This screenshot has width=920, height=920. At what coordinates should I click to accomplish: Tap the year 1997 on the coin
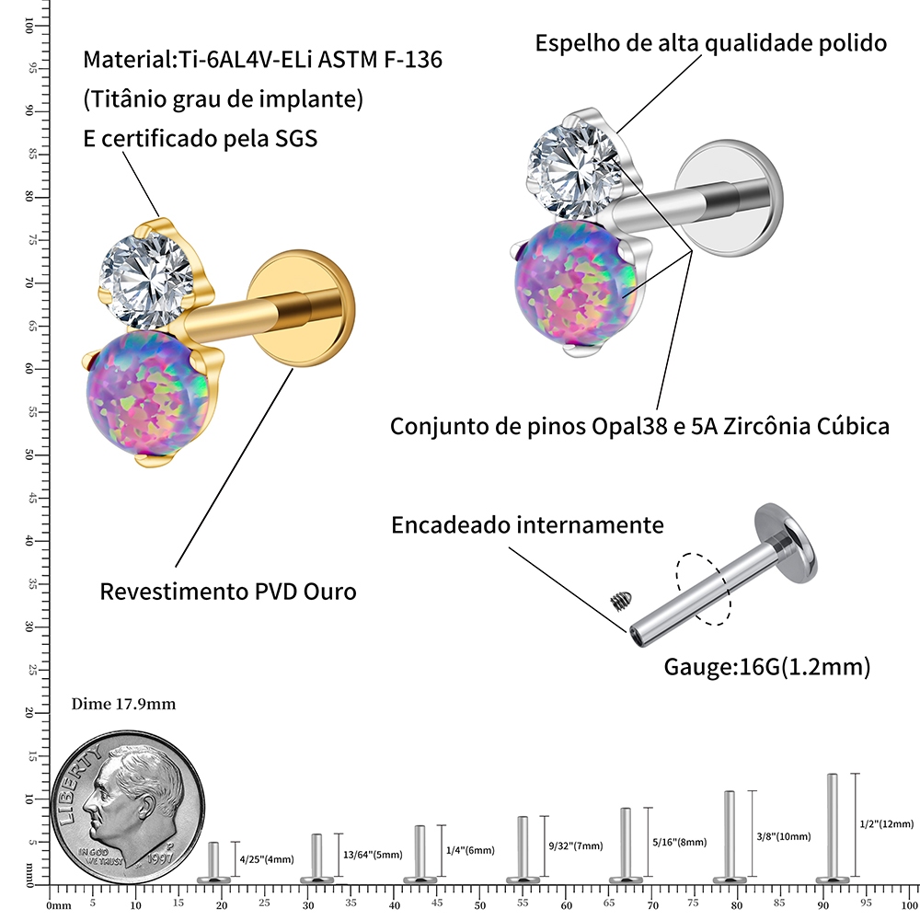pyautogui.click(x=161, y=856)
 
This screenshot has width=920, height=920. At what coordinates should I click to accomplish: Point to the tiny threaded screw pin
pyautogui.click(x=619, y=601)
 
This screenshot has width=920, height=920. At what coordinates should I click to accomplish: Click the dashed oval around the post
pyautogui.click(x=703, y=589)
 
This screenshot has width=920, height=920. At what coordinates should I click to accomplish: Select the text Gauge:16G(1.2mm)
pyautogui.click(x=766, y=666)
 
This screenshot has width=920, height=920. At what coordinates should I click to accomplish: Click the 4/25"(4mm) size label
pyautogui.click(x=266, y=859)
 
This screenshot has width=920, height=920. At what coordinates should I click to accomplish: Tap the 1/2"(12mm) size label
pyautogui.click(x=886, y=823)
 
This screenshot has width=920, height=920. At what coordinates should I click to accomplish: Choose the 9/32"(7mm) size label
pyautogui.click(x=576, y=845)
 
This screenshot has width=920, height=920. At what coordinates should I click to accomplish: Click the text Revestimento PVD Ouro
pyautogui.click(x=227, y=591)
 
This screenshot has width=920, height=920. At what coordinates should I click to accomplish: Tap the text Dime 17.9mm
pyautogui.click(x=122, y=705)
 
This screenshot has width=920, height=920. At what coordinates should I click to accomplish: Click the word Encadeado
pyautogui.click(x=447, y=525)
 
